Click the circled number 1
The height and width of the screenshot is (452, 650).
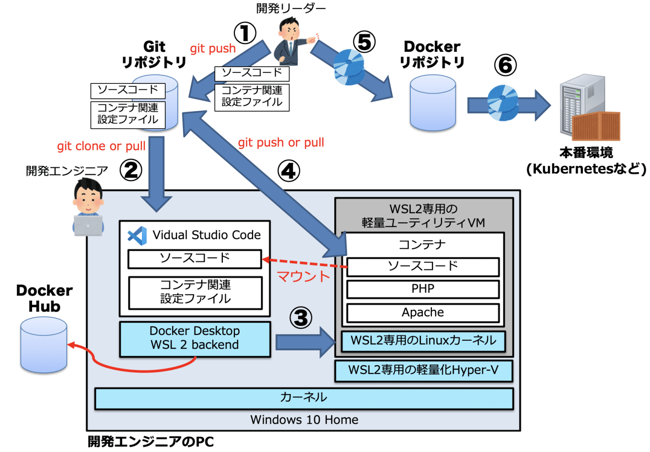point(245,33)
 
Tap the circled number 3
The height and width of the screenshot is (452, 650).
point(301,318)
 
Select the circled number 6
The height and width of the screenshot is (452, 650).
point(505,65)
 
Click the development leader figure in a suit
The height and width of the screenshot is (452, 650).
point(291,42)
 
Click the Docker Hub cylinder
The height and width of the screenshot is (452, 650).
point(44,345)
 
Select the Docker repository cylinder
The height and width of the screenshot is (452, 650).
point(433,104)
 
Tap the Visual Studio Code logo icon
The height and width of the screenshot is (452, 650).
point(137,235)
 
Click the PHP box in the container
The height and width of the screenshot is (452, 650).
point(423,289)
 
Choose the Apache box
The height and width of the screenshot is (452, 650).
point(423,313)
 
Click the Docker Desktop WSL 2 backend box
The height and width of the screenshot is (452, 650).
point(195,339)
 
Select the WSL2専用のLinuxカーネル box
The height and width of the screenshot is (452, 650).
point(423,341)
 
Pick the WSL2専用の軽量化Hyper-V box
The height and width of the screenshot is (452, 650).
point(423,371)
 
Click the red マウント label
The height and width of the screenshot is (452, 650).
point(303,277)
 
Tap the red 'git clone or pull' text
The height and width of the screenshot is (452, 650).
point(101,146)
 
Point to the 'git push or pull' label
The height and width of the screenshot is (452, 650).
point(281,143)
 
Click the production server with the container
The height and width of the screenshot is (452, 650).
point(589,107)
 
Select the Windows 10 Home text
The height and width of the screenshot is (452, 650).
point(304,420)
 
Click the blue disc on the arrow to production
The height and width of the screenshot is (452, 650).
point(503,103)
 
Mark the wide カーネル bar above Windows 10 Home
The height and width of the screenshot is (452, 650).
point(304,398)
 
